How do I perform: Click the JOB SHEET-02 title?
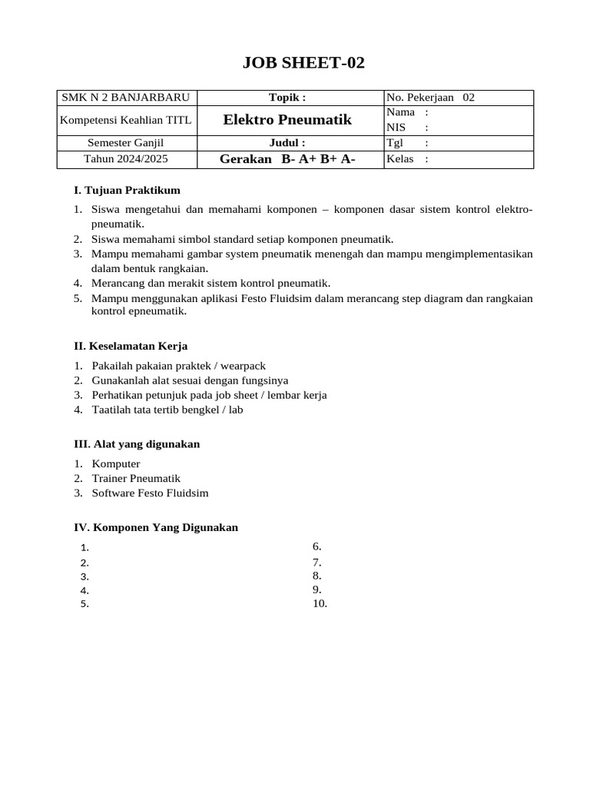tap(303, 63)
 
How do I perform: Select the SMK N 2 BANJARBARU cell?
tap(125, 98)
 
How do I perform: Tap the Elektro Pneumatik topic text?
tap(287, 120)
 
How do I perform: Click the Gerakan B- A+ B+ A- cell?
tap(287, 159)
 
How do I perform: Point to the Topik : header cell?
tap(287, 98)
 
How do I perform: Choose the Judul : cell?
tap(287, 143)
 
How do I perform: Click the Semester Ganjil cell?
tap(125, 143)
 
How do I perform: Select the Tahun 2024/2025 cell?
tap(125, 159)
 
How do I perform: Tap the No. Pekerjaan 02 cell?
tap(431, 98)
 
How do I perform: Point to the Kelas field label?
tap(400, 159)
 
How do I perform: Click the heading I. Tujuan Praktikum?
tap(127, 190)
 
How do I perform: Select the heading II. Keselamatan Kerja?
tap(131, 347)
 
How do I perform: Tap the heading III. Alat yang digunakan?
tap(137, 444)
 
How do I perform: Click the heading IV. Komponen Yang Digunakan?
tap(156, 527)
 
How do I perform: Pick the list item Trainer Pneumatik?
tap(136, 478)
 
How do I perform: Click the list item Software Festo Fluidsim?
tap(150, 493)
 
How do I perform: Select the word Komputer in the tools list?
tap(116, 463)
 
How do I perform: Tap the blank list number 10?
tap(320, 603)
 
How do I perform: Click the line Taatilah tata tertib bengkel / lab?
tap(167, 410)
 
